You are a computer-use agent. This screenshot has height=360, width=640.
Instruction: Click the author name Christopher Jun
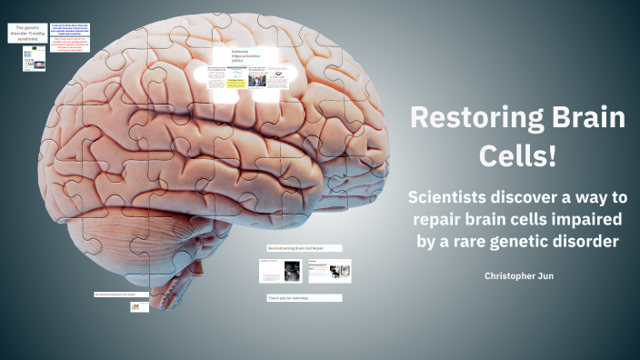pyautogui.click(x=519, y=274)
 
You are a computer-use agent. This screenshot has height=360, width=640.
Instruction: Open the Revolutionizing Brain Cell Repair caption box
pyautogui.click(x=304, y=248)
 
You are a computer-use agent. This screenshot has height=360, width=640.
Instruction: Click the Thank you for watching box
pyautogui.click(x=304, y=297)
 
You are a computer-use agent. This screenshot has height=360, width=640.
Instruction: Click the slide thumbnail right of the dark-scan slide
pyautogui.click(x=329, y=270)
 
